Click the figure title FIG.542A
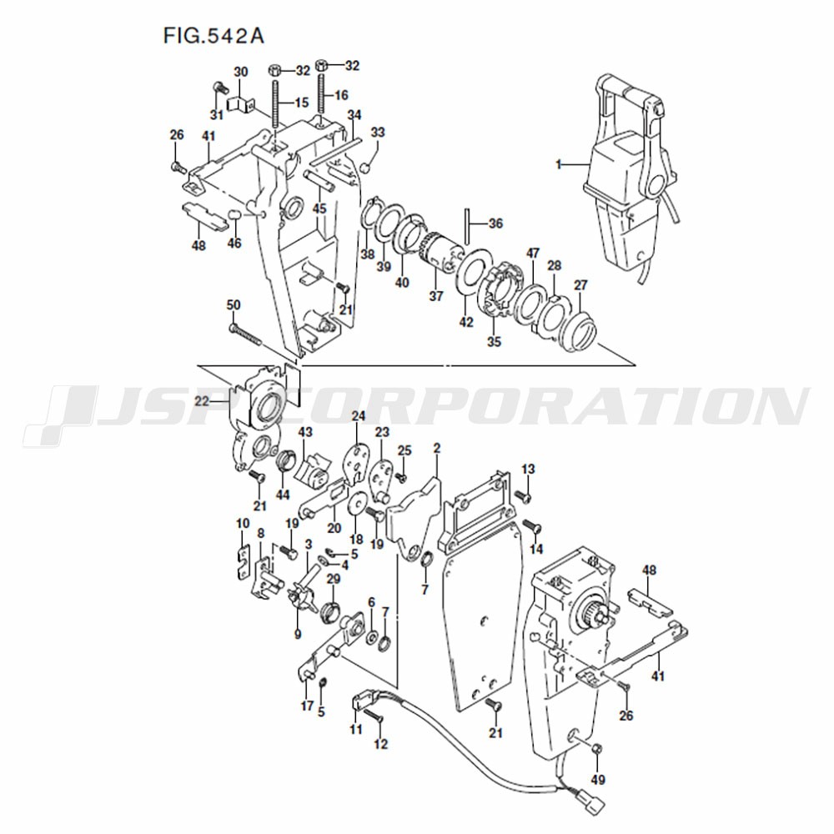(x=214, y=36)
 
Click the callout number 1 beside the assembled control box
(x=559, y=165)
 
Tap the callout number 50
(x=234, y=304)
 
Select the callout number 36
(x=495, y=224)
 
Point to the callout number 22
(x=202, y=400)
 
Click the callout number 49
(x=598, y=780)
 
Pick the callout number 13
(x=528, y=469)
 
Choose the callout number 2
(x=437, y=448)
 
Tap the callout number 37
(x=436, y=296)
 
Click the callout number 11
(x=356, y=729)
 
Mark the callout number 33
(x=378, y=132)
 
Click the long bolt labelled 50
(x=245, y=335)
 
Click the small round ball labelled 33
(x=364, y=168)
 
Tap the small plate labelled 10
(x=243, y=562)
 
